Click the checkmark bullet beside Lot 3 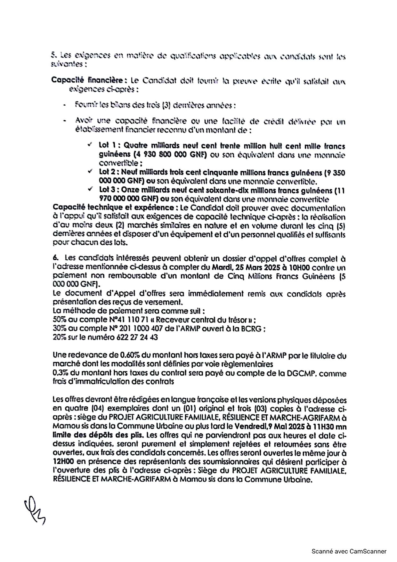coord(90,190)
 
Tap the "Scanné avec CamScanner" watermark coord(349,551)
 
